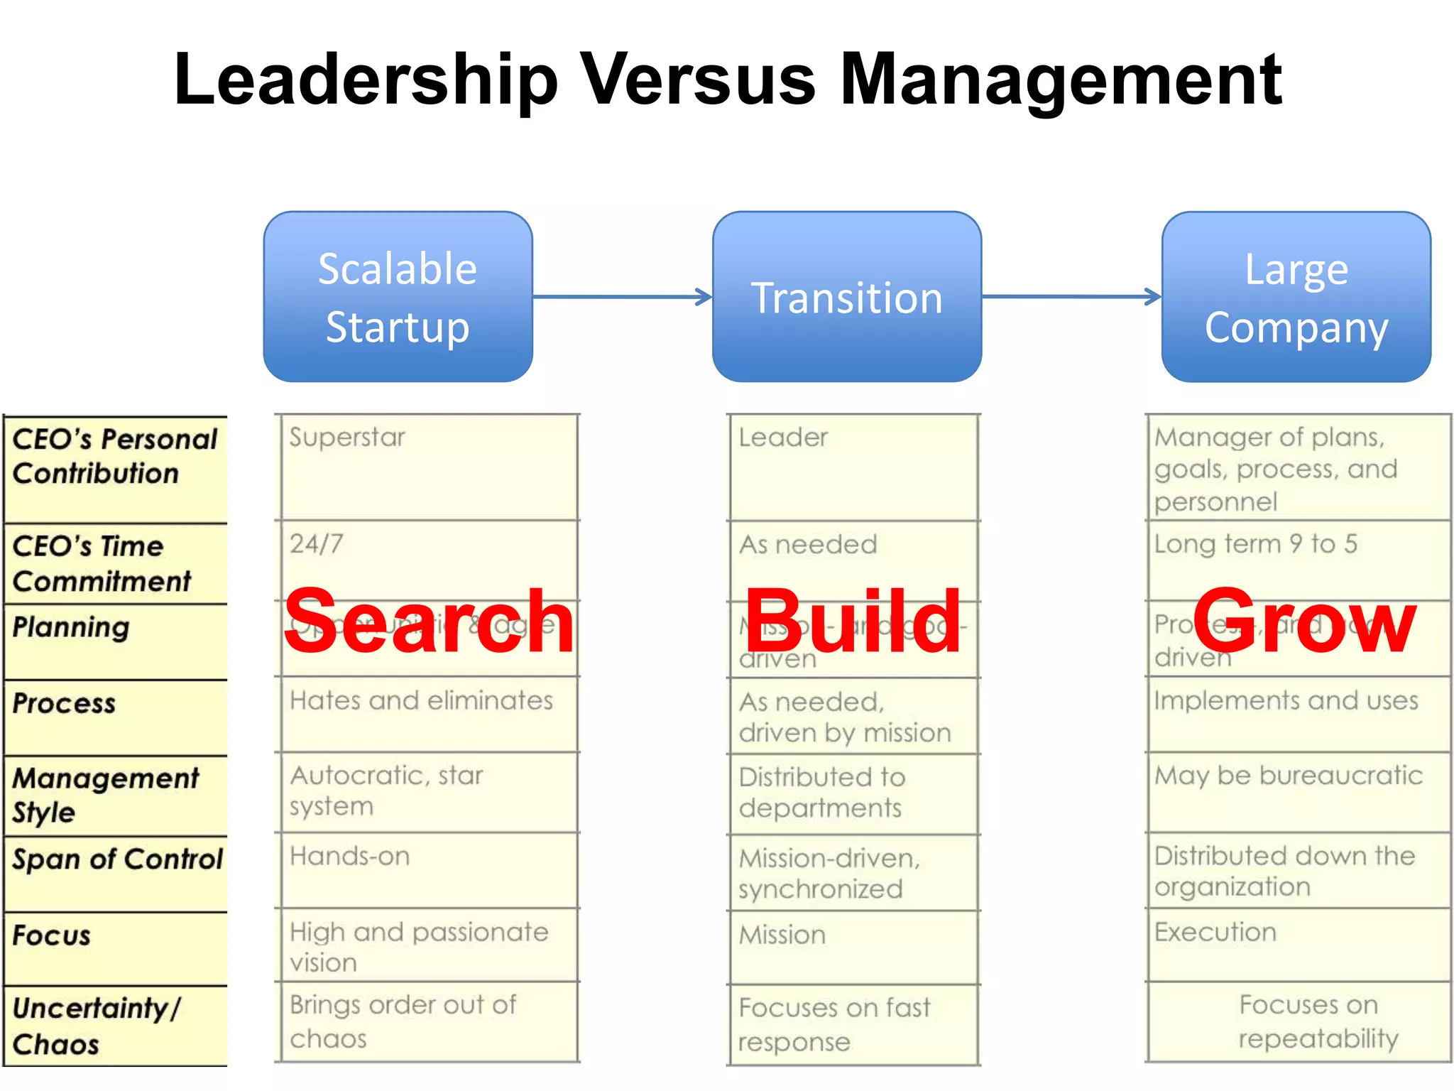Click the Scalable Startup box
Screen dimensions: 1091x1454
(398, 297)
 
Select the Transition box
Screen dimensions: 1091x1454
(846, 297)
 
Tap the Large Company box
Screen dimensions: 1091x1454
(1296, 297)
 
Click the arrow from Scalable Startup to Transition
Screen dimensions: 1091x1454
(622, 297)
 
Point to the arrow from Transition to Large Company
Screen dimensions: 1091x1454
(1071, 297)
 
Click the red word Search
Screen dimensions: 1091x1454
(429, 622)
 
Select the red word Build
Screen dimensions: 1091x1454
(853, 622)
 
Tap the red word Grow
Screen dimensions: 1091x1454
(1305, 622)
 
